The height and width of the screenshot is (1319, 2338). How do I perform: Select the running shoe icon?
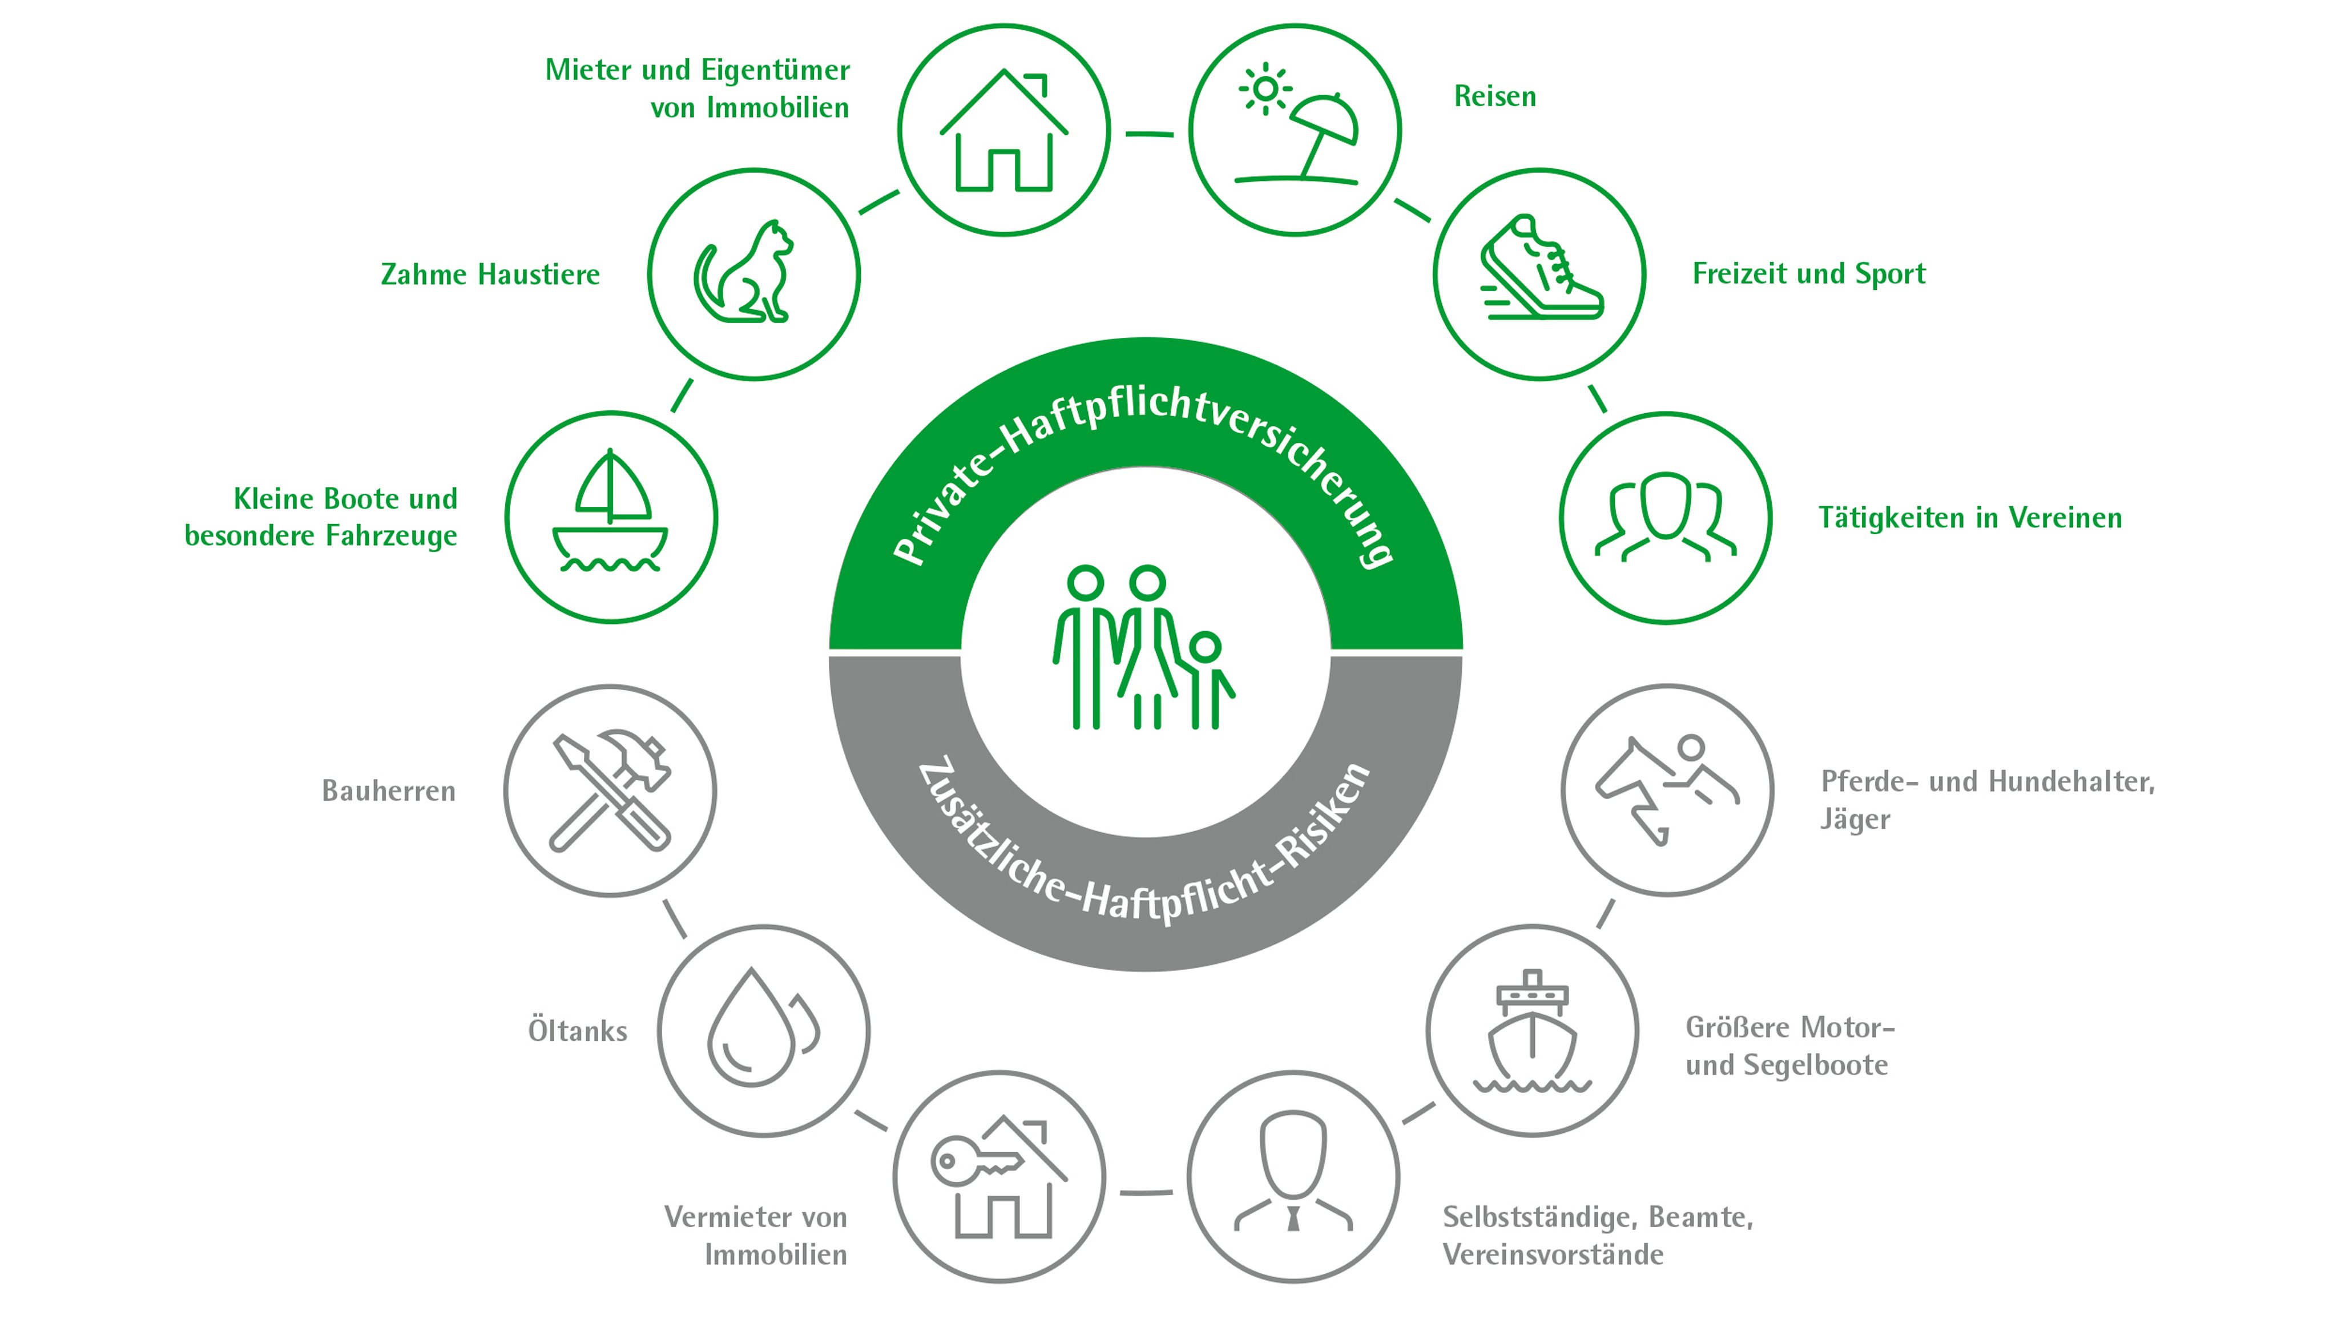pyautogui.click(x=1539, y=269)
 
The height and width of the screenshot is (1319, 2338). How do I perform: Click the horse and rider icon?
pyautogui.click(x=1666, y=789)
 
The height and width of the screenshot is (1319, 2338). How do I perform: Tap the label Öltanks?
pyautogui.click(x=577, y=1031)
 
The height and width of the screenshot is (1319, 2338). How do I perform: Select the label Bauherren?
pyautogui.click(x=389, y=790)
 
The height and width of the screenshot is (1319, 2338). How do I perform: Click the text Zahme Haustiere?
pyautogui.click(x=490, y=274)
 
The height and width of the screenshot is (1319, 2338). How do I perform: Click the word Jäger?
pyautogui.click(x=1854, y=820)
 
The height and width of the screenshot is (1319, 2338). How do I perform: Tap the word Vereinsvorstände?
pyautogui.click(x=1553, y=1255)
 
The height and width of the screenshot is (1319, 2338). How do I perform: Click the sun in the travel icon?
pyautogui.click(x=1264, y=89)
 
